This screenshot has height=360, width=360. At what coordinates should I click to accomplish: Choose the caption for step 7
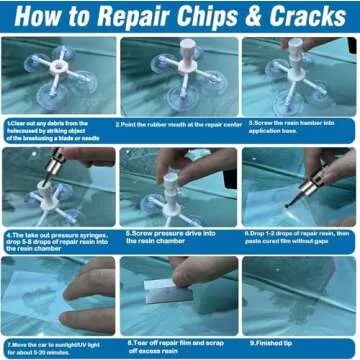tap(57, 347)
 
